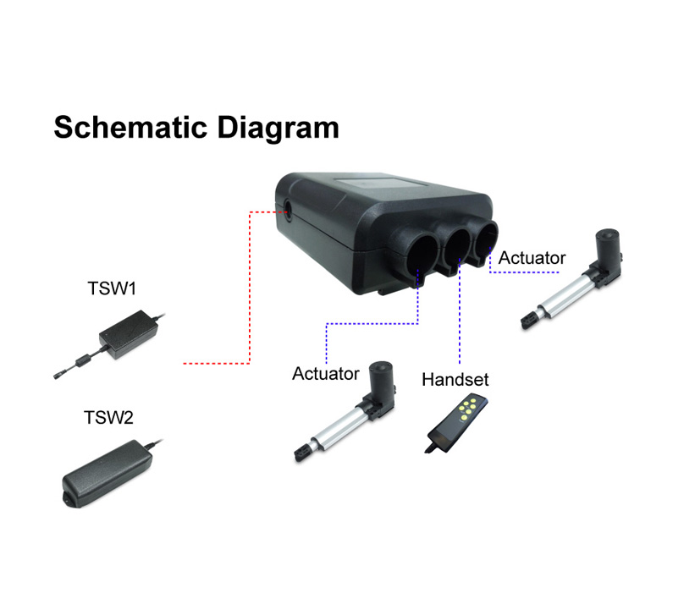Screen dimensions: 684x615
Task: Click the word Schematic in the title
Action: click(x=130, y=127)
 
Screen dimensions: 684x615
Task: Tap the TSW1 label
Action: click(x=112, y=288)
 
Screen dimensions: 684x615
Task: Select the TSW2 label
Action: click(x=108, y=418)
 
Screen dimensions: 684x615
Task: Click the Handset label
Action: click(x=455, y=379)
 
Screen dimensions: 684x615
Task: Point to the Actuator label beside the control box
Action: click(x=532, y=258)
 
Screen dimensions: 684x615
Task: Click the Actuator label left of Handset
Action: click(x=325, y=374)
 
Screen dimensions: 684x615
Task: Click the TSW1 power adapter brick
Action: click(x=129, y=335)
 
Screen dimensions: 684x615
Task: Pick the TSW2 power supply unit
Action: click(x=108, y=474)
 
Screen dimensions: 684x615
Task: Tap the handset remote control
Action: click(x=456, y=423)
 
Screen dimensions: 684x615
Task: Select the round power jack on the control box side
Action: click(x=289, y=210)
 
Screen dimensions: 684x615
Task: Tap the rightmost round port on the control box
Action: click(x=486, y=239)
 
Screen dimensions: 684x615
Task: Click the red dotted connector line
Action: click(x=250, y=287)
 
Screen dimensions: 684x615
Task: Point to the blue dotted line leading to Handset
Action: click(x=460, y=311)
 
